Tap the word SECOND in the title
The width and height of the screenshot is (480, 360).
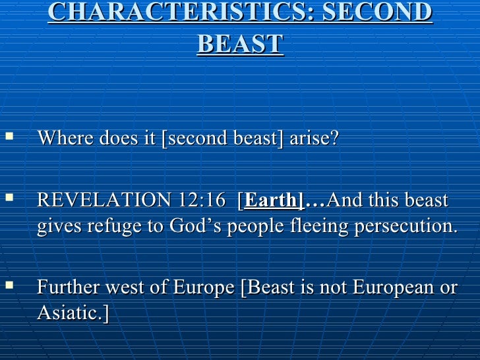pyautogui.click(x=389, y=13)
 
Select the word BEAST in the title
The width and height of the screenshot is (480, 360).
pyautogui.click(x=239, y=44)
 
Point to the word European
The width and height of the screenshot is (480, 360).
pyautogui.click(x=390, y=287)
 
